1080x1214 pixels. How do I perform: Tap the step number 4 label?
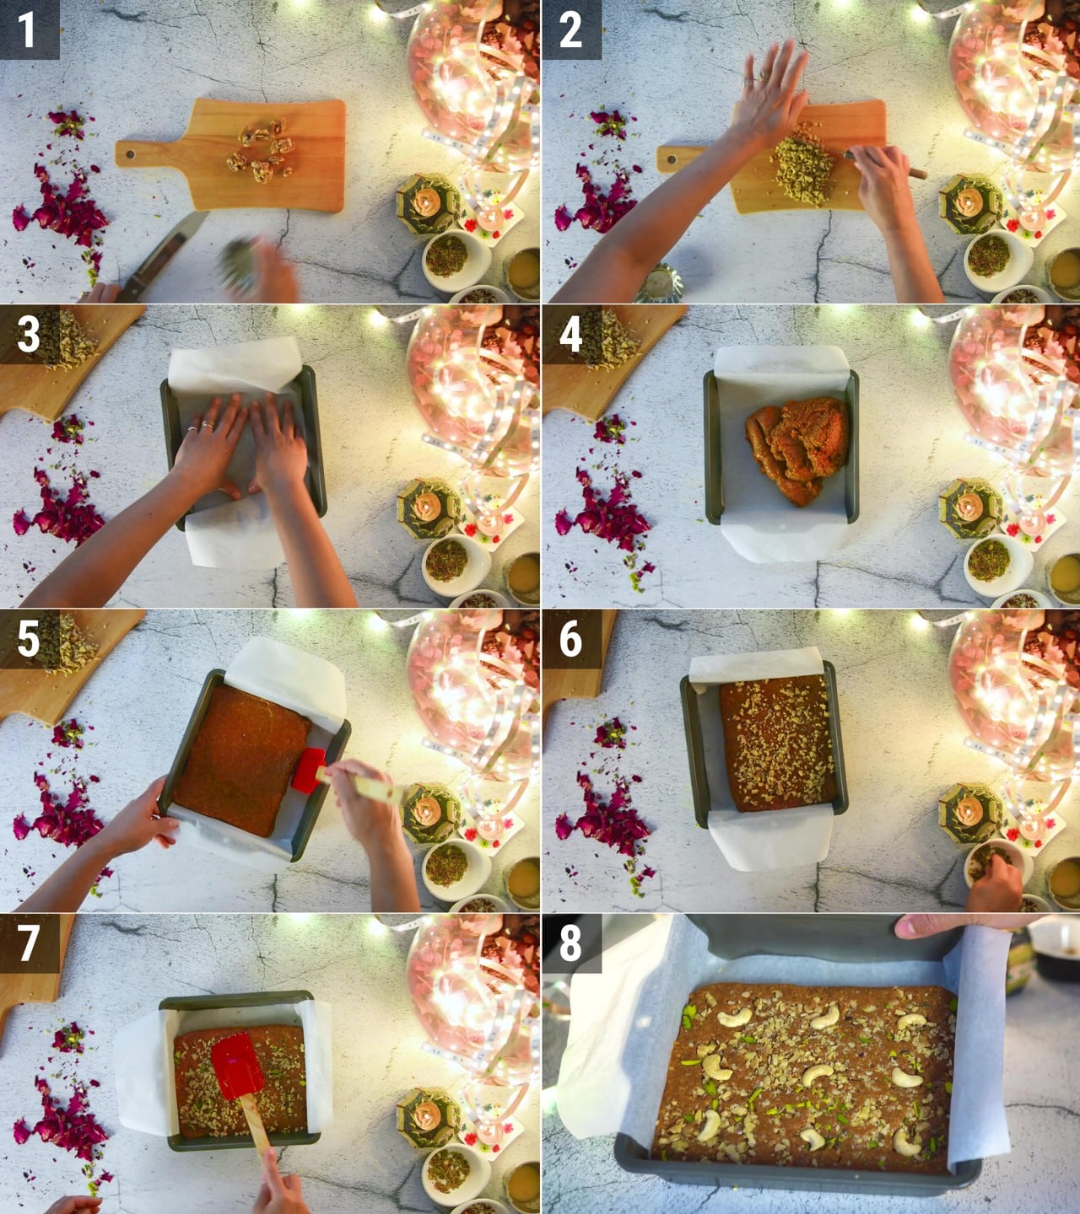570,335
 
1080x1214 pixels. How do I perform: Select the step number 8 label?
570,943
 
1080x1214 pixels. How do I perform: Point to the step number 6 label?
570,639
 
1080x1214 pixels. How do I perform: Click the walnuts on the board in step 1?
262,150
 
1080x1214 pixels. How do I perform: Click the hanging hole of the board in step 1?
130,154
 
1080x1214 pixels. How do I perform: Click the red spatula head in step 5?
308,771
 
